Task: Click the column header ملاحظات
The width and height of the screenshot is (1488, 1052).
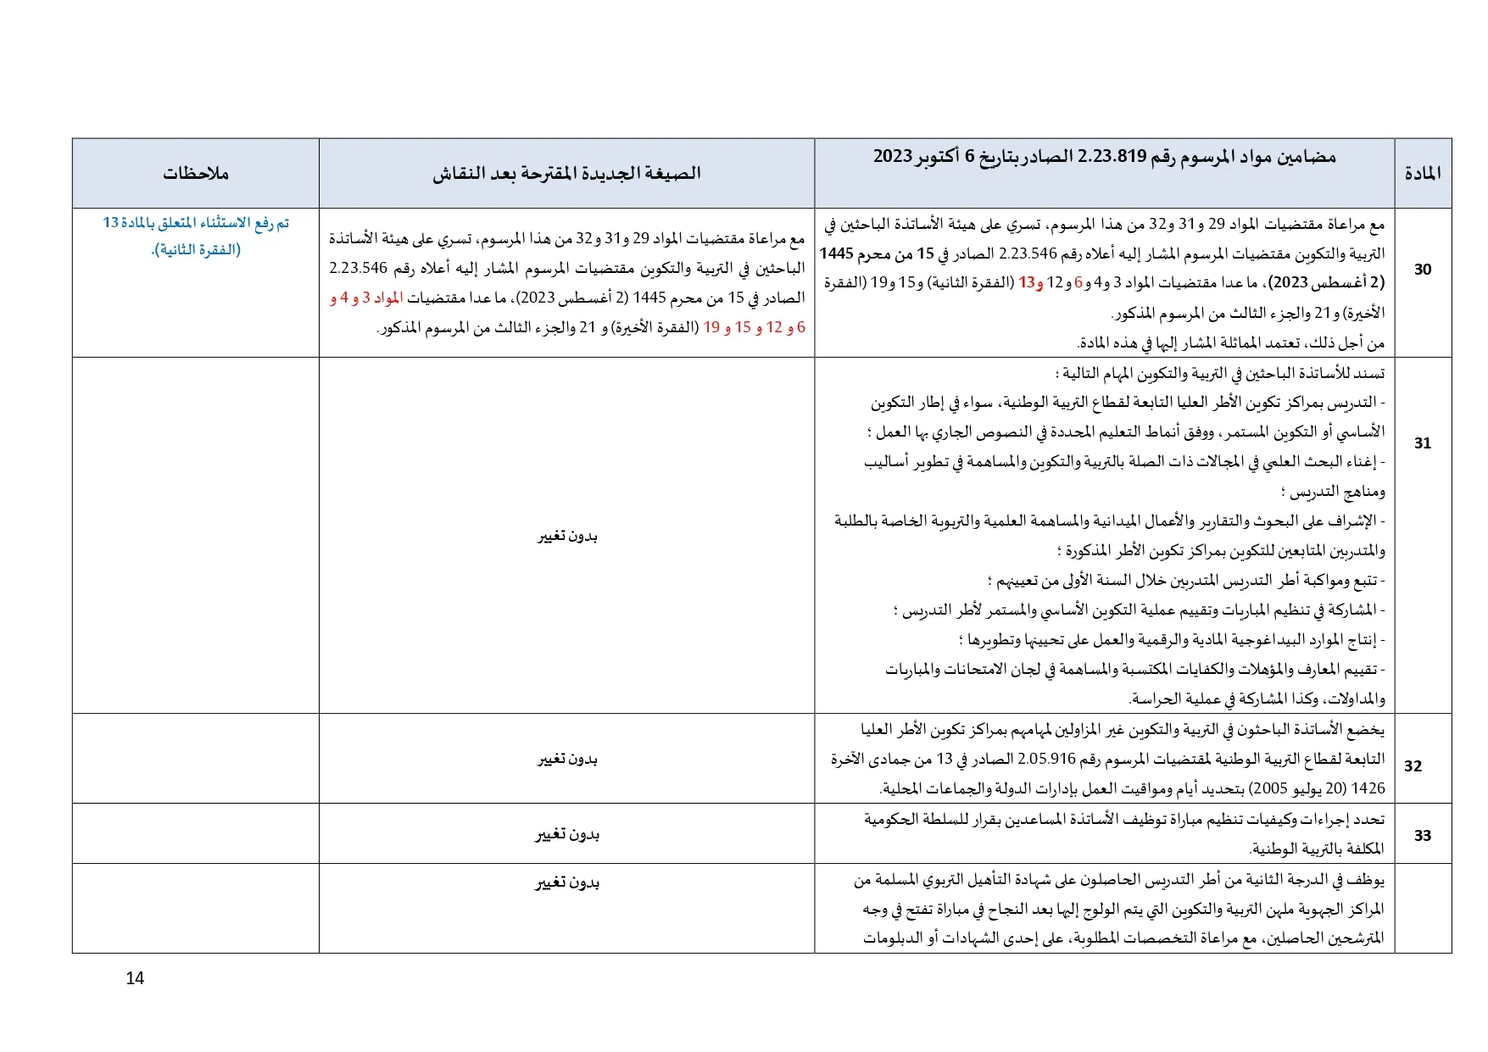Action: (196, 174)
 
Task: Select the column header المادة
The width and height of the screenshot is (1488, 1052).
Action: (1423, 174)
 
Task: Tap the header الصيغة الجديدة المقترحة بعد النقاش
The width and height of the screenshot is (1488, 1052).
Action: (566, 174)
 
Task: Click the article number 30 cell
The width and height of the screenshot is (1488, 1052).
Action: (1423, 270)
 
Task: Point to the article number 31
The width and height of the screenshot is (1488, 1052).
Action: (1423, 443)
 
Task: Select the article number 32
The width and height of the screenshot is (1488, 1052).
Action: (1413, 766)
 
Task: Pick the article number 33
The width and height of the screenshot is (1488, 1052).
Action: (1423, 836)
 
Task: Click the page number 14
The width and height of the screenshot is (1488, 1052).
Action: (135, 978)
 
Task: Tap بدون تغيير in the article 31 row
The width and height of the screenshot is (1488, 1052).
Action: (567, 537)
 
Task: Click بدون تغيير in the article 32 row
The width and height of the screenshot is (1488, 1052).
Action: (567, 760)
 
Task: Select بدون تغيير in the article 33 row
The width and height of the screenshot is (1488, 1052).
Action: (567, 835)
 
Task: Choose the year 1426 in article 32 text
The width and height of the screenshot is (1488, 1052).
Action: (1368, 789)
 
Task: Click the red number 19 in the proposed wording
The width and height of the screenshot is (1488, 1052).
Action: (711, 328)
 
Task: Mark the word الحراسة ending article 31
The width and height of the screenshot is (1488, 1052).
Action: (1156, 699)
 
